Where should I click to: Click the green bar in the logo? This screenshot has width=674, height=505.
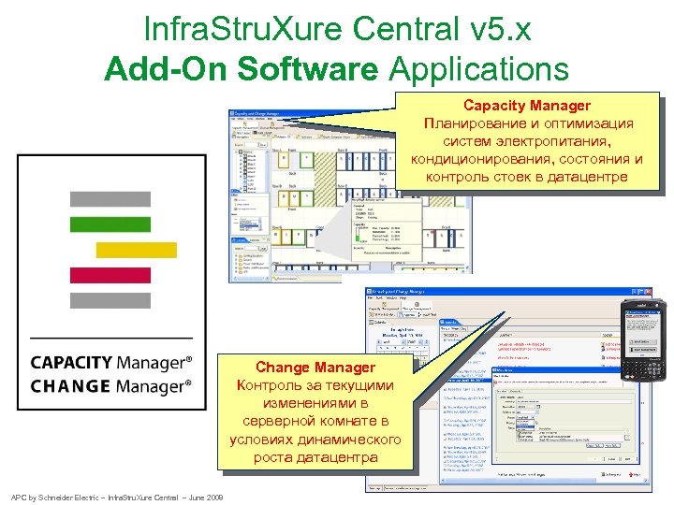[110, 224]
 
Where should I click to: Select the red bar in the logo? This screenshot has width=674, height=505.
[110, 275]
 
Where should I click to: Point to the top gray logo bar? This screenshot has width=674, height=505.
[110, 199]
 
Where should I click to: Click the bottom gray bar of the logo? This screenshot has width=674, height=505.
[110, 300]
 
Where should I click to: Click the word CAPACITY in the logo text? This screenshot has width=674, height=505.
[71, 362]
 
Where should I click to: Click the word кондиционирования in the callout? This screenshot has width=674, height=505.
[480, 159]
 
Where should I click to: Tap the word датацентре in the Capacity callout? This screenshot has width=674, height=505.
[589, 177]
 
